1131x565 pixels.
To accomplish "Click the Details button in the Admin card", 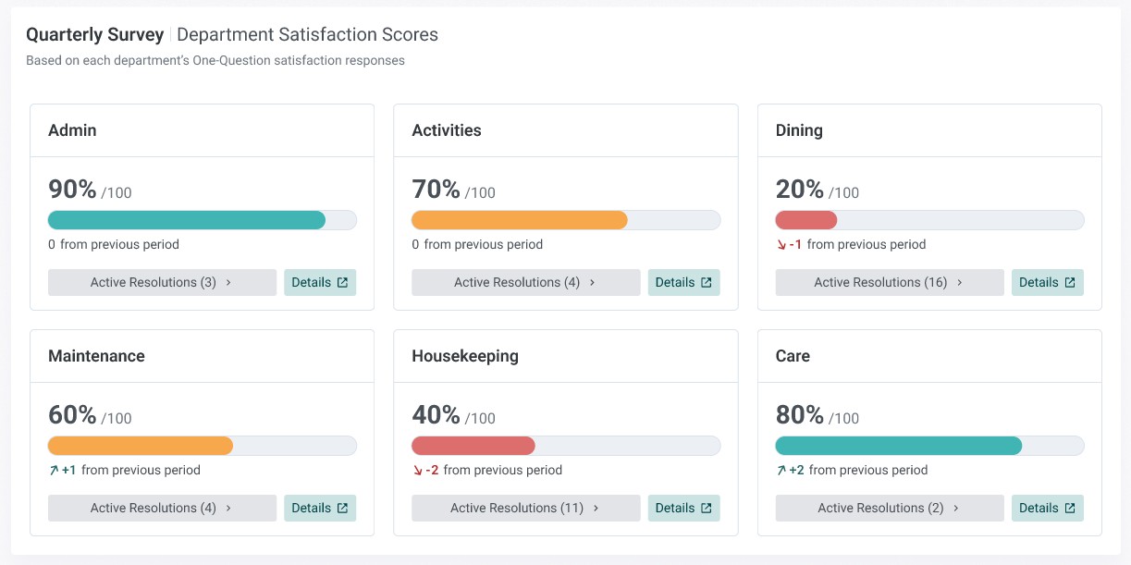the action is click(320, 282).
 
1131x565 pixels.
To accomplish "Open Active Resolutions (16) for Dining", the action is click(890, 282).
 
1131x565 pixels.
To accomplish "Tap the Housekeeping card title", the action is click(465, 356).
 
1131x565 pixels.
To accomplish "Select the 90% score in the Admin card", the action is click(72, 190).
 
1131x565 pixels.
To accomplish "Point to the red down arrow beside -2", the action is click(418, 471).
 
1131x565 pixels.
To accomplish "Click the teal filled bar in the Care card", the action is click(899, 446).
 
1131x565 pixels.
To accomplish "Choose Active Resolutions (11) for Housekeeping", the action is click(525, 508).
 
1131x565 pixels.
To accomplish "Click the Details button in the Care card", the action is click(1047, 508).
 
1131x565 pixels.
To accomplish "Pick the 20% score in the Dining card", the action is click(799, 190).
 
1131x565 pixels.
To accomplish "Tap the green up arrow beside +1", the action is click(54, 471).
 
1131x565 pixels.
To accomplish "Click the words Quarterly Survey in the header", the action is click(95, 35).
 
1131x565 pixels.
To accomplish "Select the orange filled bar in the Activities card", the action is click(520, 220).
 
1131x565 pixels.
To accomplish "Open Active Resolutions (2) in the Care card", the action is click(890, 508).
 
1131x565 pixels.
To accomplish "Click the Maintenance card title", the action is click(96, 356).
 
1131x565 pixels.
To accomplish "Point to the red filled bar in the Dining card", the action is click(806, 220).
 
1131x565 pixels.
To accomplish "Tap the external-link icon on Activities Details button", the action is click(707, 282).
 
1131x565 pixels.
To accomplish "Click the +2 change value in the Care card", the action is click(796, 470).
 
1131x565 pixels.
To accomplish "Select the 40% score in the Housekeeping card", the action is click(436, 415).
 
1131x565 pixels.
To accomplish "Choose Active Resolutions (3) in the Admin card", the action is click(162, 282).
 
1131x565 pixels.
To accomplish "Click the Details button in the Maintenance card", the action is click(320, 508).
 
